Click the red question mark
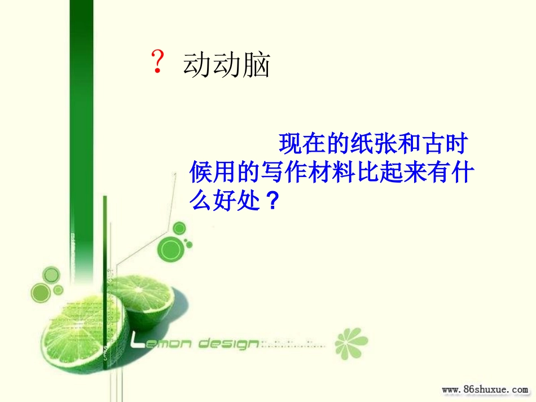(158, 62)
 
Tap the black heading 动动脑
(226, 66)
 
